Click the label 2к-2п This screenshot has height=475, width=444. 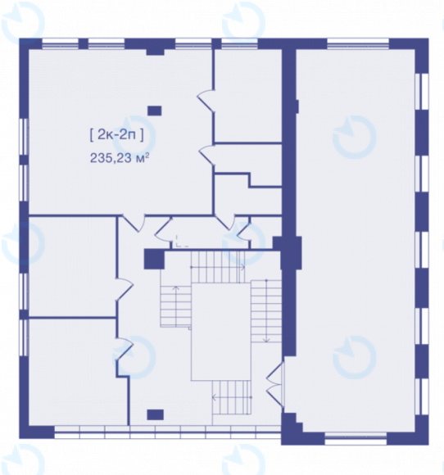point(116,135)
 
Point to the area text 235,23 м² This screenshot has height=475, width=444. point(120,158)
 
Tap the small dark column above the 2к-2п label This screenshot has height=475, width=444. point(154,111)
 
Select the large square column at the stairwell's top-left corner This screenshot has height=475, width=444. point(154,259)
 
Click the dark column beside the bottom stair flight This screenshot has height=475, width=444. point(155,414)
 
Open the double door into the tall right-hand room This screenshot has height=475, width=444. point(275,385)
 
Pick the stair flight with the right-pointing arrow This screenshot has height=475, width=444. point(218,267)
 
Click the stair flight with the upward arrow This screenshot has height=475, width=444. point(175,305)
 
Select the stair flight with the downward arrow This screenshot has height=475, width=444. point(266,311)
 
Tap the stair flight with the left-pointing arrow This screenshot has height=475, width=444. point(232,397)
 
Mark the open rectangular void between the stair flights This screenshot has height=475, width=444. point(221,332)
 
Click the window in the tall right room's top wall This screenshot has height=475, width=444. point(358,43)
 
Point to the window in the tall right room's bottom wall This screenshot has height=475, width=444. point(356,438)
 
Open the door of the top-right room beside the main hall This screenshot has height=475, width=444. point(206,101)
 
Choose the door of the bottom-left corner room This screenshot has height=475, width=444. point(125,349)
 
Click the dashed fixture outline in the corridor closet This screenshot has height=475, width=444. point(181,241)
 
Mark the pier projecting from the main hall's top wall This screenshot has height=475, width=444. point(155,52)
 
